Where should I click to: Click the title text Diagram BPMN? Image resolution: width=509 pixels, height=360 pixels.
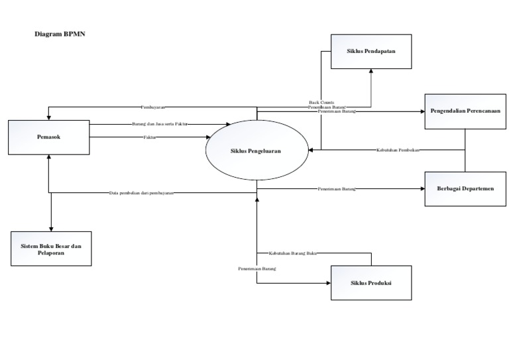pos(60,33)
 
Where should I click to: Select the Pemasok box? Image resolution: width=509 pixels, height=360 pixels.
pos(48,137)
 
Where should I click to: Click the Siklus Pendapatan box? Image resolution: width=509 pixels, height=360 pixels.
pos(370,50)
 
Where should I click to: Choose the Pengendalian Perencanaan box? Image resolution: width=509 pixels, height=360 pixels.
pos(465,111)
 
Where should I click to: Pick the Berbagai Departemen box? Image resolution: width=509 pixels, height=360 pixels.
pos(465,188)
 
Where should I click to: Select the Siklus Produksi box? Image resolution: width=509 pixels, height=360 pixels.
pos(370,283)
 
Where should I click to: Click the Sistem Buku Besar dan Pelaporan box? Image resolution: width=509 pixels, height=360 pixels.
pos(51,249)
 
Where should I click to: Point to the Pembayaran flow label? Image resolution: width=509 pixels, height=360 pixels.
pos(153,107)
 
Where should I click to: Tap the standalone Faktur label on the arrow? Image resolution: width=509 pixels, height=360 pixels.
pos(154,137)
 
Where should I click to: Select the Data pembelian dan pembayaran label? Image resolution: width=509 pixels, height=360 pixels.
pos(141,193)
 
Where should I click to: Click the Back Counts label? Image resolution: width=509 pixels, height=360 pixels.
pos(321,102)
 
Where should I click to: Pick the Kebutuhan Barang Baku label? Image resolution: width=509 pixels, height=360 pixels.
pos(292,253)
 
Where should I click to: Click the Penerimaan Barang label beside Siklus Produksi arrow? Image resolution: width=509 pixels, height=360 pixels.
pos(257,269)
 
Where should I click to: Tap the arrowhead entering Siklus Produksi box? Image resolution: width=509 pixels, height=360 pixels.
pos(327,283)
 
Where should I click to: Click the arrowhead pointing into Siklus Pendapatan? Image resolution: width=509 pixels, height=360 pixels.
pos(370,72)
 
